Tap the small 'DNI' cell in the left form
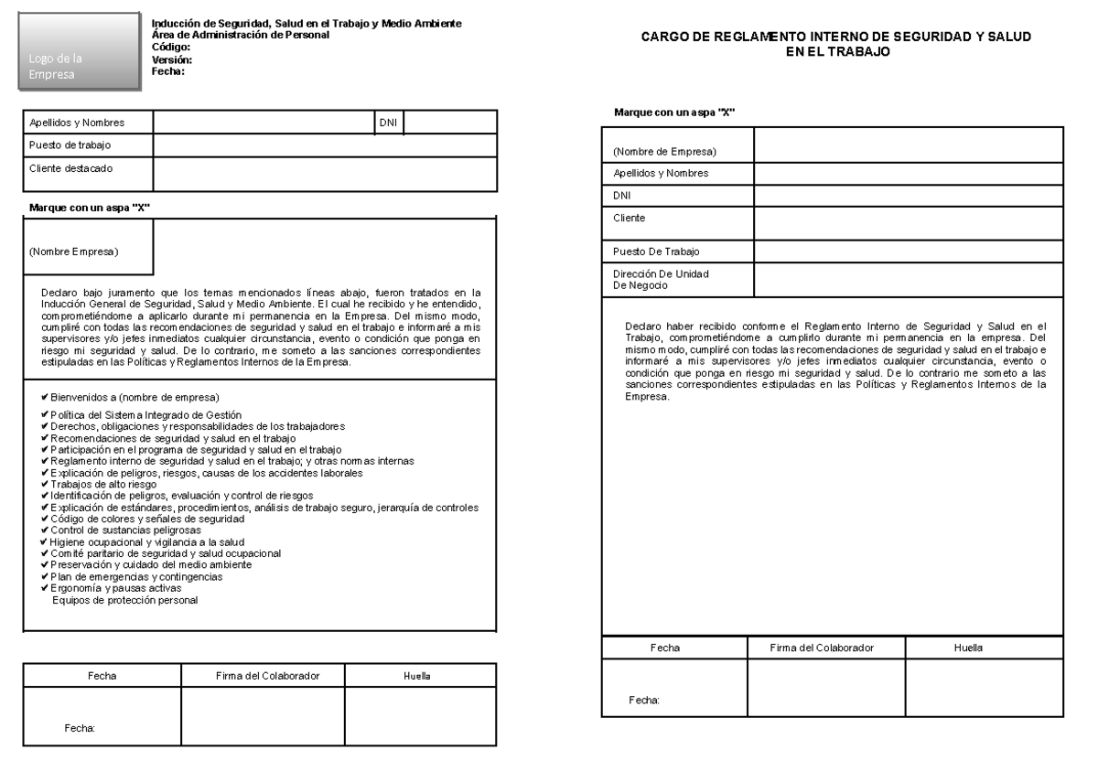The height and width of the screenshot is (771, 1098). point(388,123)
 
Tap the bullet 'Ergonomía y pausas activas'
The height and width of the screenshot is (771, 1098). point(117,589)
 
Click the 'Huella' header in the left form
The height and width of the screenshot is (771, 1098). point(417,676)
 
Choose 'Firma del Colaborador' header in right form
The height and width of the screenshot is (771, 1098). point(826,647)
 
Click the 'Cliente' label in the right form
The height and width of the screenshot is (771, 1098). point(630,218)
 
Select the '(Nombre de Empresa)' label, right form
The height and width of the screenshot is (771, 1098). point(664,151)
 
